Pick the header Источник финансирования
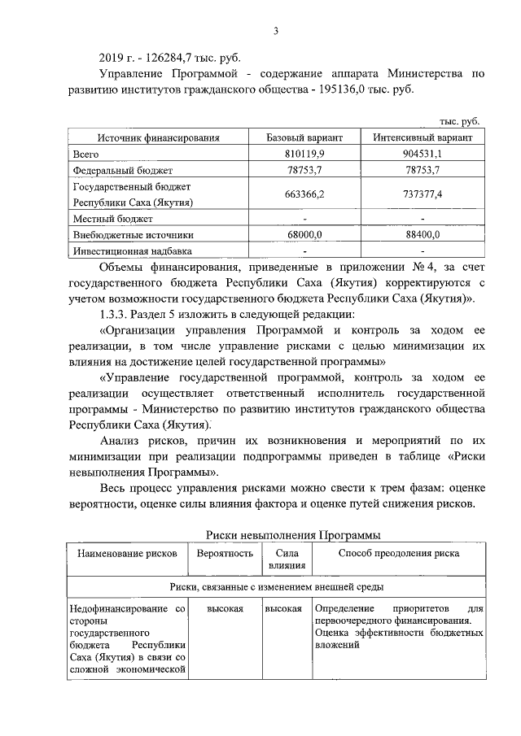pyautogui.click(x=159, y=137)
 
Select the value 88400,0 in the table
pyautogui.click(x=416, y=235)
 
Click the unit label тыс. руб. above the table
pyautogui.click(x=461, y=121)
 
